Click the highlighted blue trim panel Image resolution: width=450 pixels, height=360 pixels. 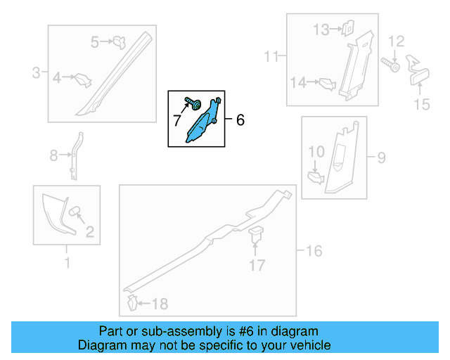pos(202,122)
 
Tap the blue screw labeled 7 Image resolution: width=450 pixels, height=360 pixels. pos(193,103)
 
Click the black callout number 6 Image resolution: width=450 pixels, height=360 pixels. pos(240,120)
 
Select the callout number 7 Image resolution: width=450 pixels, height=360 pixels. pos(176,120)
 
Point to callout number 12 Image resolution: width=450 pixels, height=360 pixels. pos(397,41)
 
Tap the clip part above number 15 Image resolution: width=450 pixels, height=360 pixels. pos(417,70)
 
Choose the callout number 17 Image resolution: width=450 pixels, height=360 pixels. pos(257,265)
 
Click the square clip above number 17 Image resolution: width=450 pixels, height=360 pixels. pos(256,233)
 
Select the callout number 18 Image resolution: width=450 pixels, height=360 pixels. pos(160,304)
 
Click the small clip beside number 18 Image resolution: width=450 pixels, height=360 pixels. pos(132,302)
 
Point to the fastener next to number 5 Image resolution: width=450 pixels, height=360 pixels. pos(119,42)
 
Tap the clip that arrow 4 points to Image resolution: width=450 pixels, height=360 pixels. pos(83,80)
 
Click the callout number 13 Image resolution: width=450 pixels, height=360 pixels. pos(321,30)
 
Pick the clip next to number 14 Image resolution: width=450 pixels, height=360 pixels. pos(327,84)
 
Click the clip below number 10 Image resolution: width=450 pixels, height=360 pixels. pos(316,178)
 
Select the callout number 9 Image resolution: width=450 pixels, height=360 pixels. pos(381,157)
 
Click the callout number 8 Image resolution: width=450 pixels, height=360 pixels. pos(53,155)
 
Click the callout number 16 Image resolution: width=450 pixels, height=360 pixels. pos(314,251)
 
